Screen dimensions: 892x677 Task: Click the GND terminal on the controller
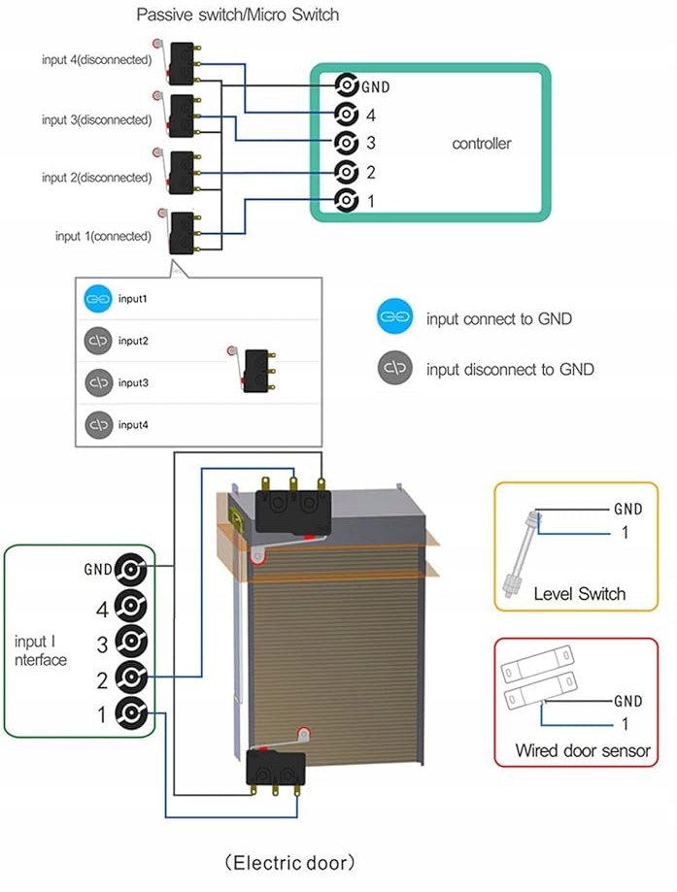pos(346,85)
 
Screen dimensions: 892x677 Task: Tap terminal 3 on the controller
pos(346,143)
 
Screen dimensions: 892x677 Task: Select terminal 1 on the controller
pos(346,201)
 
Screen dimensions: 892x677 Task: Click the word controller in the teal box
pos(481,144)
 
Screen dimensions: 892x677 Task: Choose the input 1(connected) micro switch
pos(181,233)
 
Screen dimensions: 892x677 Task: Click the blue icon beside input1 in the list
pos(98,299)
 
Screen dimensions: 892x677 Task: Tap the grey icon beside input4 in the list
pos(98,425)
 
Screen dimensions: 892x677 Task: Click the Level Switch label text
pos(579,593)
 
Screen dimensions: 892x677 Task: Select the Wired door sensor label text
pos(582,750)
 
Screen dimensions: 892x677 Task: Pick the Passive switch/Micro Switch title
pos(238,15)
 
